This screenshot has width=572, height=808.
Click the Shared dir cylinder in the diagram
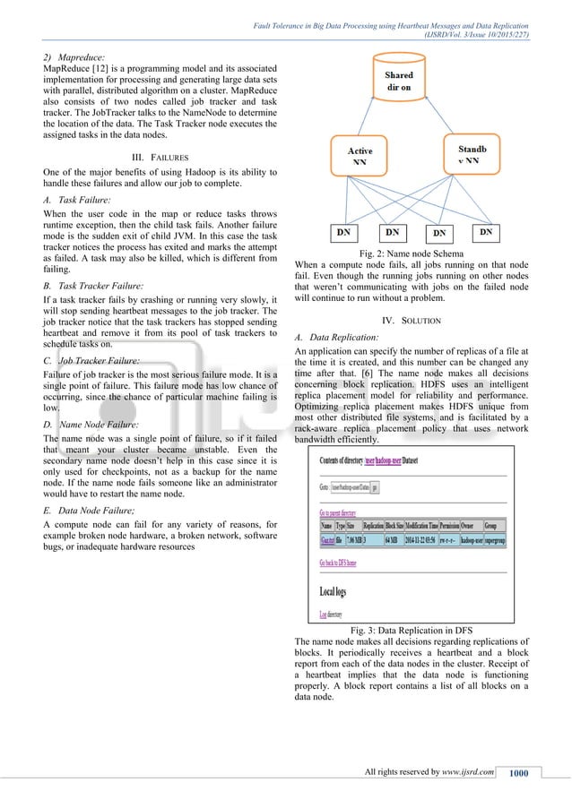[398, 82]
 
